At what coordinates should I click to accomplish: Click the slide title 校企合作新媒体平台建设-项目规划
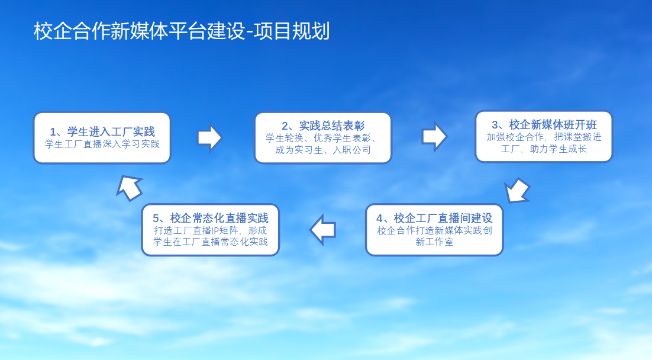point(182,31)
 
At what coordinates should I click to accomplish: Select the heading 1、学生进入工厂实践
point(102,132)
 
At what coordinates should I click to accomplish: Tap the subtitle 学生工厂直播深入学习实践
point(102,144)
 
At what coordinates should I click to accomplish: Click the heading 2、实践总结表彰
point(323,126)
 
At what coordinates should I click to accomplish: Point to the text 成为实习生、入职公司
point(323,150)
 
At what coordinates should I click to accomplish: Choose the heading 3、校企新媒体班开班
point(544,124)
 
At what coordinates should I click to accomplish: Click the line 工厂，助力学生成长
point(544,149)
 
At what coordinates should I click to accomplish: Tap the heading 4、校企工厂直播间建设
point(434,218)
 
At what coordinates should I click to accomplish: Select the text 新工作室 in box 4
point(434,242)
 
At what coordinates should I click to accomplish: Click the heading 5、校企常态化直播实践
point(211,218)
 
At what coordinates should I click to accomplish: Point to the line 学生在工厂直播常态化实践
point(211,242)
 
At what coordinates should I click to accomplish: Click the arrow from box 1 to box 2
point(209,137)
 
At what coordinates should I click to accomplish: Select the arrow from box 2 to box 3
point(434,137)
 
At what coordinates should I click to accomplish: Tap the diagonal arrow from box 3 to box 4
point(517,191)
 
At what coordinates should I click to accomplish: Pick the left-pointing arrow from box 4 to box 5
point(322,229)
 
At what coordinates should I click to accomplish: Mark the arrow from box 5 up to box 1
point(130,188)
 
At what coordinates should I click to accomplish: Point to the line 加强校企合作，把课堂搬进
point(544,137)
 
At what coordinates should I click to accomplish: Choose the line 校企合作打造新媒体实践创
point(434,230)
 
